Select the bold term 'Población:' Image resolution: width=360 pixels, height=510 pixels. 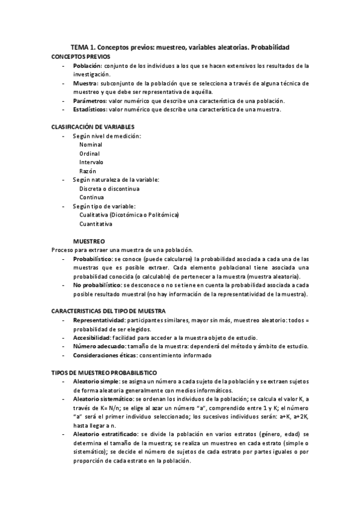(x=87, y=66)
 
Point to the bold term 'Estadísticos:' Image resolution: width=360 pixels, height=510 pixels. (x=91, y=110)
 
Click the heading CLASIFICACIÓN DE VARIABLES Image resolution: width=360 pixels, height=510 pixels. (x=93, y=127)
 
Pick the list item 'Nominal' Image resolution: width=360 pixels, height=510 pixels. (x=91, y=145)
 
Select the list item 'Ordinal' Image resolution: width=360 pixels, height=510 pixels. (x=90, y=154)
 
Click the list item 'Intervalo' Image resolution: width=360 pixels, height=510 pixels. (x=91, y=162)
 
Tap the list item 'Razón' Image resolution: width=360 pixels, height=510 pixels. (x=88, y=171)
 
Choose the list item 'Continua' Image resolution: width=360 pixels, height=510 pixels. (x=91, y=198)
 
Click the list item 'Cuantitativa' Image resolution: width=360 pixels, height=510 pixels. (x=95, y=224)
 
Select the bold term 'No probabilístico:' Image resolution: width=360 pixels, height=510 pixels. (x=97, y=285)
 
